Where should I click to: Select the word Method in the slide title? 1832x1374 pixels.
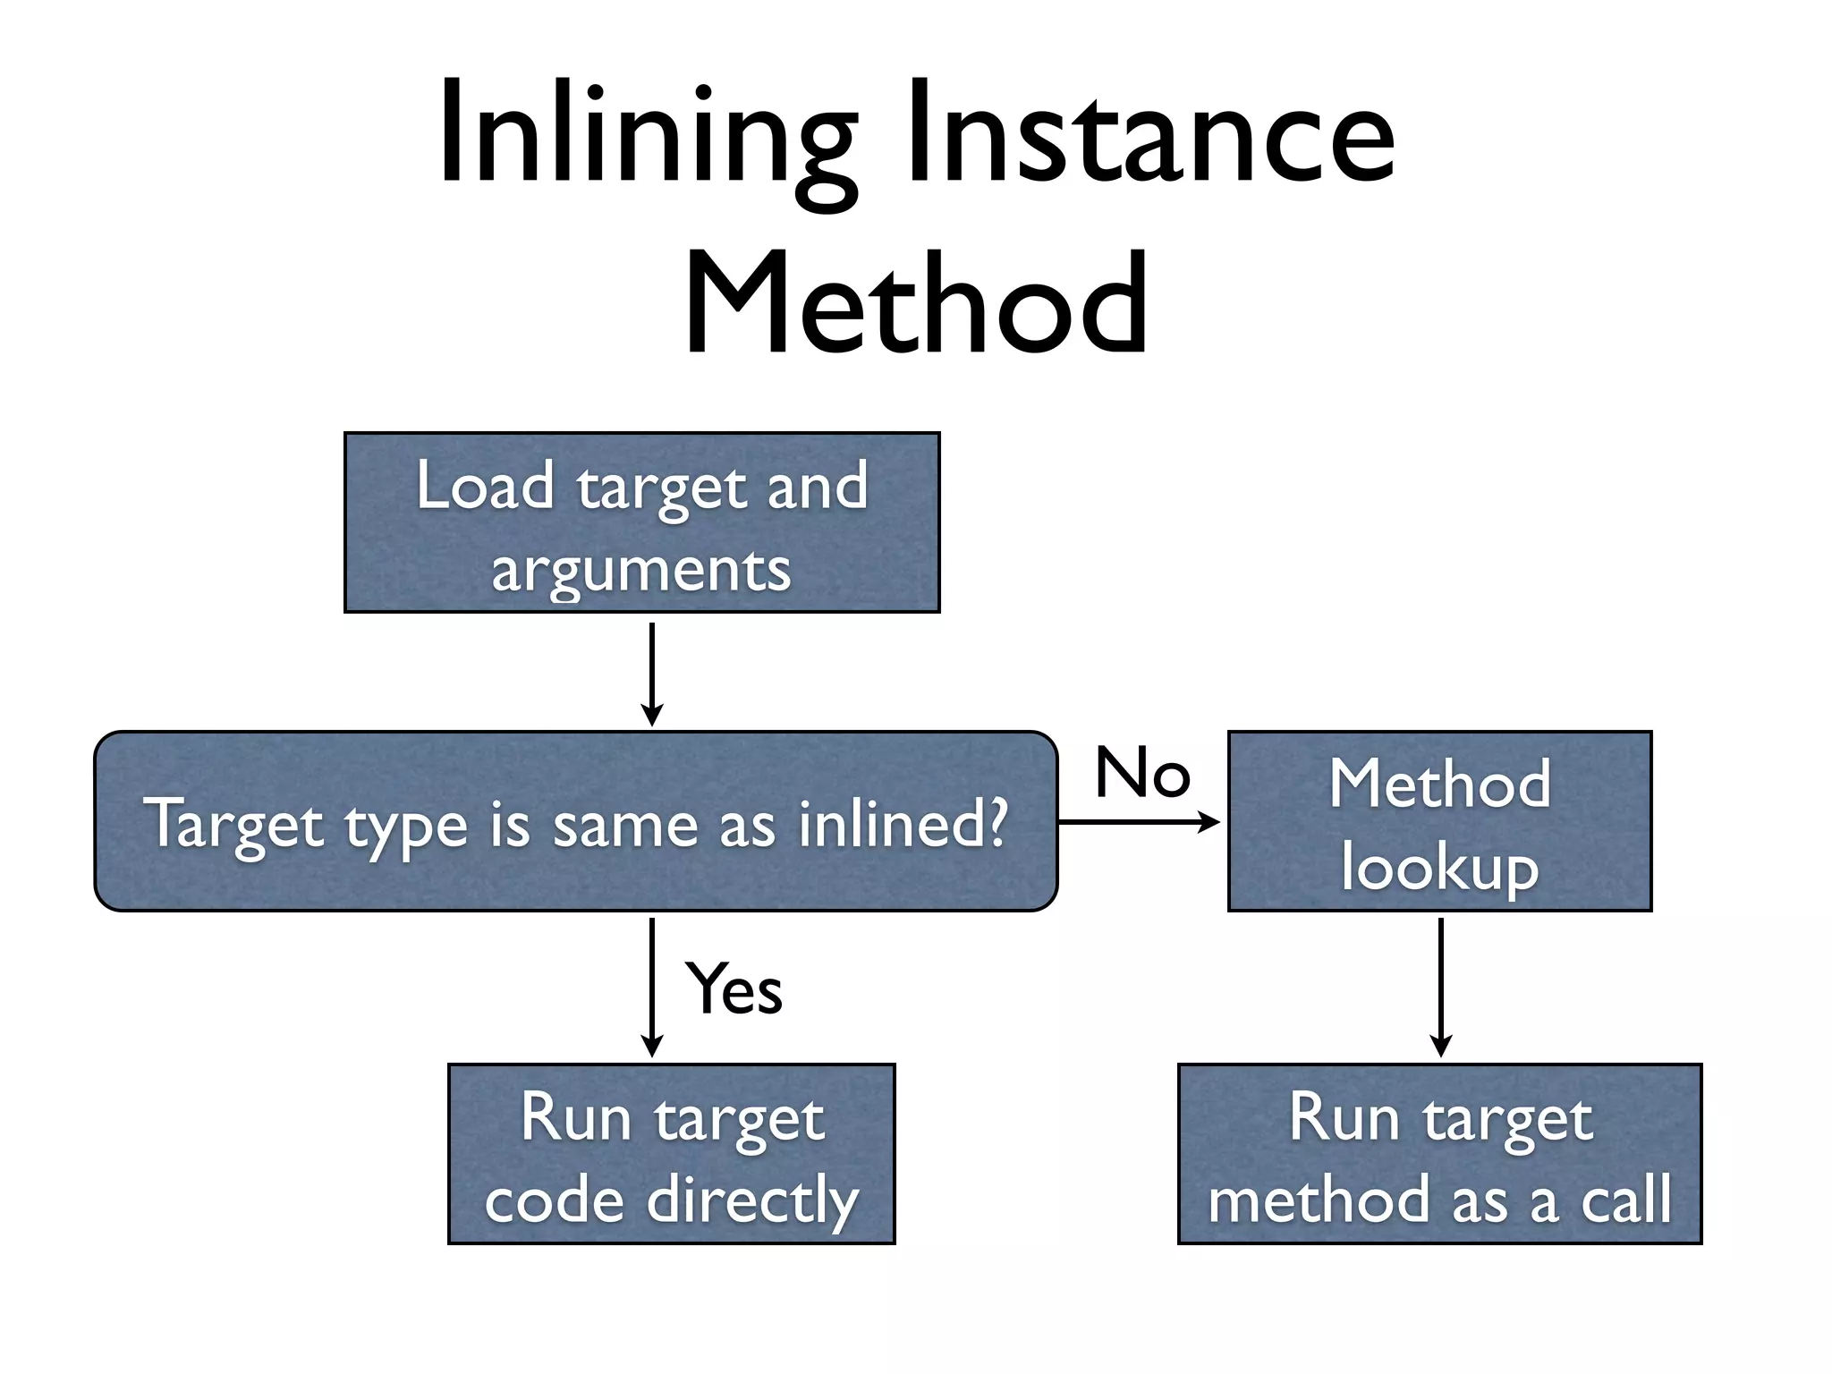916,304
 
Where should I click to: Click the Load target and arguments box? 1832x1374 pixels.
641,522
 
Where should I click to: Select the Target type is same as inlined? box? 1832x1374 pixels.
575,821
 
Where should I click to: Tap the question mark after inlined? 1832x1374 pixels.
996,821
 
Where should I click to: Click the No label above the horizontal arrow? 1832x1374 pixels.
1142,773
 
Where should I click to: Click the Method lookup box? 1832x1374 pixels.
1439,821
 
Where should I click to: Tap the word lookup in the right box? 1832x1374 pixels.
1439,868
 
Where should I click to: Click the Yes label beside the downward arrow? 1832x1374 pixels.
734,989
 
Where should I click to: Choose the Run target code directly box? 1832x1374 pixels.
671,1154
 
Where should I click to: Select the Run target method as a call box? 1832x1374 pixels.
1439,1154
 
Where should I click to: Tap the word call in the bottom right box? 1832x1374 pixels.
1626,1200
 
